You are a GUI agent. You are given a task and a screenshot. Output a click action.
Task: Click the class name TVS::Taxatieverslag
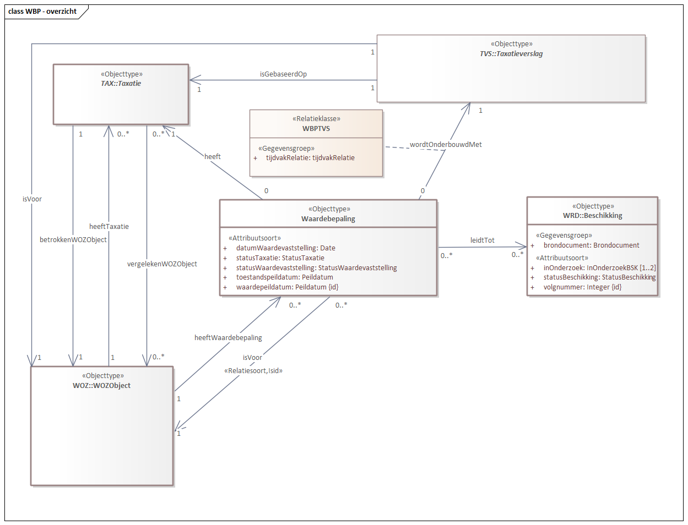point(511,54)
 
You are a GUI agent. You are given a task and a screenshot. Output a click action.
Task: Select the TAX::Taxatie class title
point(121,84)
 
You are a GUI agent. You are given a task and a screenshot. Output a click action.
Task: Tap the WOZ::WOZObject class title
point(102,386)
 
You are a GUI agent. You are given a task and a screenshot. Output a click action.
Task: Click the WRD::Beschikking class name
point(593,216)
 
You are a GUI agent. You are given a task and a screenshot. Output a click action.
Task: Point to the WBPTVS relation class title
point(316,129)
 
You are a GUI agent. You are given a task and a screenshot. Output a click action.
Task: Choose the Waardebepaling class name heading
point(328,219)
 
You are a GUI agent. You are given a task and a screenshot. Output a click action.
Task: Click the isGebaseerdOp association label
point(283,74)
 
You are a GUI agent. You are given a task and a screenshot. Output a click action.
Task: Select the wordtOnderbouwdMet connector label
point(446,145)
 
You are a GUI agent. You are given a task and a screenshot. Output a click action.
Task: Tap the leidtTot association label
point(482,240)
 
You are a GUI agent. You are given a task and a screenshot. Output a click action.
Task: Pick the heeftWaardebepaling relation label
point(228,338)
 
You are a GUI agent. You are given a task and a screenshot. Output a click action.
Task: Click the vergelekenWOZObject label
point(162,264)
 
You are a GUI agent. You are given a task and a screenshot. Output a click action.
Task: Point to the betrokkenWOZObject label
point(73,240)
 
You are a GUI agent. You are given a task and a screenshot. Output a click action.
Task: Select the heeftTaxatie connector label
point(109,227)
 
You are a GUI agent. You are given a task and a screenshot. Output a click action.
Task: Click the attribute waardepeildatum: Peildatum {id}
point(287,287)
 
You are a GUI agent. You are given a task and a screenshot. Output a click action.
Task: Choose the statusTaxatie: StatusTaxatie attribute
point(280,258)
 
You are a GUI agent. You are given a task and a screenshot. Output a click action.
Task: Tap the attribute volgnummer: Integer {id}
point(582,287)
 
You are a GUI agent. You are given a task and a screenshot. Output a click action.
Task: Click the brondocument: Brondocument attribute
point(591,245)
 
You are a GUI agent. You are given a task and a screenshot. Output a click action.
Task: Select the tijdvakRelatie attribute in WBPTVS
point(310,158)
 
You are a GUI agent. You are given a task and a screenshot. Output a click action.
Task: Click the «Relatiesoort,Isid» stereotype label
point(253,371)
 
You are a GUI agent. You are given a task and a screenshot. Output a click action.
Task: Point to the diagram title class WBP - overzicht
point(42,12)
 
